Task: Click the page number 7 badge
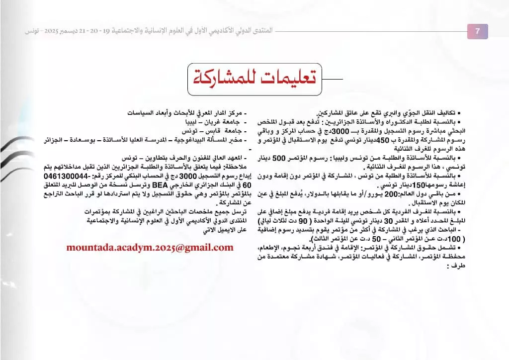pos(477,31)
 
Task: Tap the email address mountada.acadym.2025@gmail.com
pos(150,247)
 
